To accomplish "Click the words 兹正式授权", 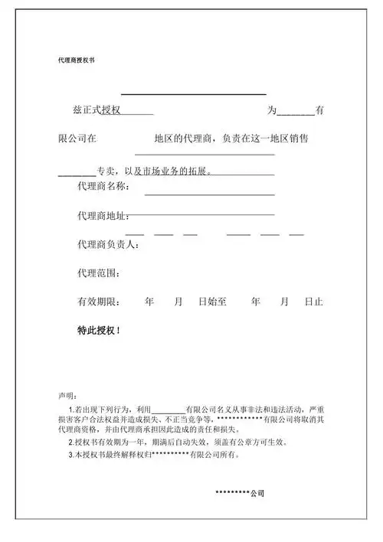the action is point(99,111).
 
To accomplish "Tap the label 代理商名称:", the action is point(103,187).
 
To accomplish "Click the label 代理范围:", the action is point(98,273).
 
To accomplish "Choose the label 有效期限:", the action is point(98,302).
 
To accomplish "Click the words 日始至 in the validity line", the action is point(213,302).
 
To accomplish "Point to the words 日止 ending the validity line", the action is point(313,302).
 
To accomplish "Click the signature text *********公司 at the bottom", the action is point(240,493).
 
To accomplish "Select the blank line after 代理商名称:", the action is point(209,194).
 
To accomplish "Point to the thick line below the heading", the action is point(193,93).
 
